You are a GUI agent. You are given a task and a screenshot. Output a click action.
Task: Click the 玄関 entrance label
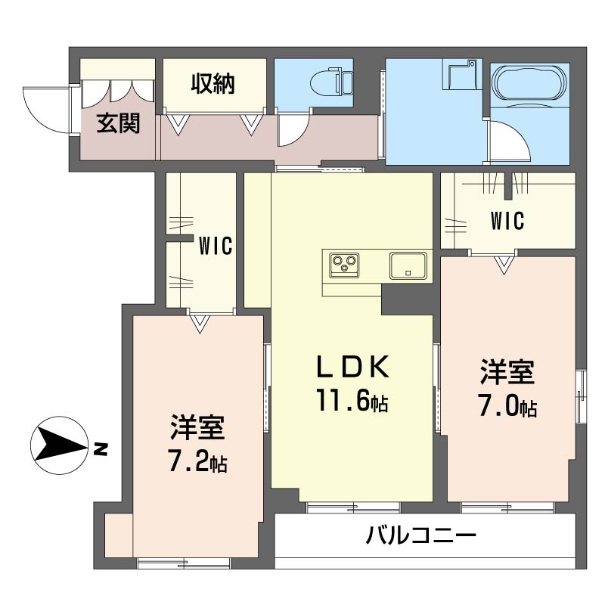[x=118, y=123]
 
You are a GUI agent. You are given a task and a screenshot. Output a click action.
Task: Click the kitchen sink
[x=408, y=265]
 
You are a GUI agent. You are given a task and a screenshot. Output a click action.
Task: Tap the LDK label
[x=352, y=368]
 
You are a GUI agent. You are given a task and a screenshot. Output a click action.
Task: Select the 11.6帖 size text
[x=352, y=402]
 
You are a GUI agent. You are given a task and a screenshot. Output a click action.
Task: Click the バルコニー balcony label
[x=421, y=537]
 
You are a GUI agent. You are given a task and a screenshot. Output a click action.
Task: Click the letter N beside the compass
[x=101, y=451]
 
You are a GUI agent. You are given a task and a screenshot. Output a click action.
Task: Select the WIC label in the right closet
[x=507, y=221]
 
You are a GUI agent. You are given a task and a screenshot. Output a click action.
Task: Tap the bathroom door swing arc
[x=503, y=144]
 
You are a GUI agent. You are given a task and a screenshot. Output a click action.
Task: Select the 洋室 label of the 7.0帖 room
[x=507, y=373]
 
